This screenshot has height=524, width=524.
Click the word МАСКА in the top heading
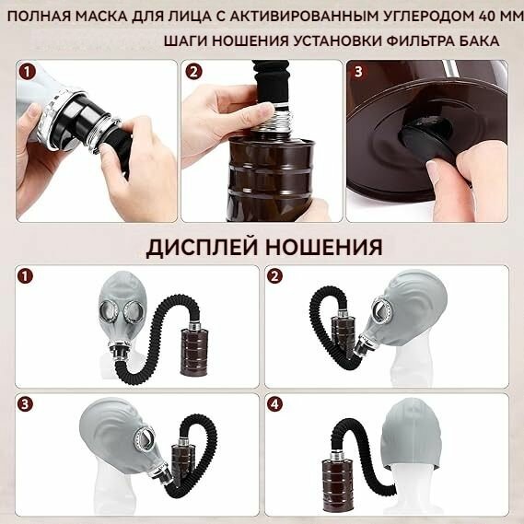tap(101, 17)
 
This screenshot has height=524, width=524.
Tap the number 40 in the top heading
tap(480, 17)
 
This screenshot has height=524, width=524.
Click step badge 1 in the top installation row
tap(27, 72)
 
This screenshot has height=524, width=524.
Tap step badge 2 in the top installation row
tap(193, 72)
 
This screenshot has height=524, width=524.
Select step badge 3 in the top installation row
tap(358, 72)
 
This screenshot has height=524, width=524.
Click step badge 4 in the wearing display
tap(274, 404)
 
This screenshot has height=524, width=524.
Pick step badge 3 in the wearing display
tap(26, 404)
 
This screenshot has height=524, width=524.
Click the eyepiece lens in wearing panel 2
tap(380, 307)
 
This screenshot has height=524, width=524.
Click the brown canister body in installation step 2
tap(272, 178)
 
